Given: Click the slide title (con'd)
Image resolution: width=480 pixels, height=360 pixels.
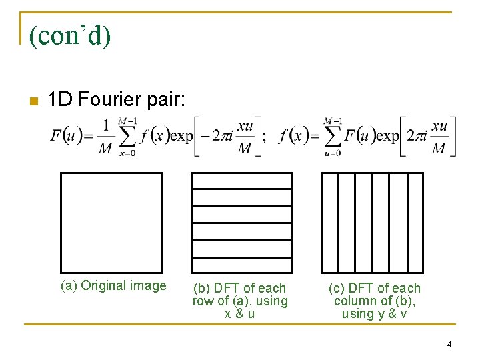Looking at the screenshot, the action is click(69, 36).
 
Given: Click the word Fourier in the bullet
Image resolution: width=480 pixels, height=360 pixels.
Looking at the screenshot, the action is click(108, 100).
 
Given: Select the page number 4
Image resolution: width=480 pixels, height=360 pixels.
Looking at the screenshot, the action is click(449, 345).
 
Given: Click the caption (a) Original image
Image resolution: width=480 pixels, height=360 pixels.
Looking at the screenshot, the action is click(113, 286).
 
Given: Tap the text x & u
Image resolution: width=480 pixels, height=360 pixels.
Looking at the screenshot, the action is click(239, 313).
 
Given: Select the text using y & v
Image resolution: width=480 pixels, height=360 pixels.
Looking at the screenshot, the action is click(374, 313).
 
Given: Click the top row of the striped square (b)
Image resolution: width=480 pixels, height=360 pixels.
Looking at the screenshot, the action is click(242, 181).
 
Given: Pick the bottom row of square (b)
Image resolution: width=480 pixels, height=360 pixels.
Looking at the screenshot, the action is click(242, 265).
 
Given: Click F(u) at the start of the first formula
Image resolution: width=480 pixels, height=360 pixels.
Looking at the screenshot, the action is click(65, 137).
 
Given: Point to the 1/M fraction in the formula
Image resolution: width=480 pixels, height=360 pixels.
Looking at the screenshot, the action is click(105, 137).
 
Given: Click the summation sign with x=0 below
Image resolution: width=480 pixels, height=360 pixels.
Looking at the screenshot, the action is click(127, 137).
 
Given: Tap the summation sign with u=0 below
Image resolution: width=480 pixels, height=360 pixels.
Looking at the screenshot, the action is click(332, 137).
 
